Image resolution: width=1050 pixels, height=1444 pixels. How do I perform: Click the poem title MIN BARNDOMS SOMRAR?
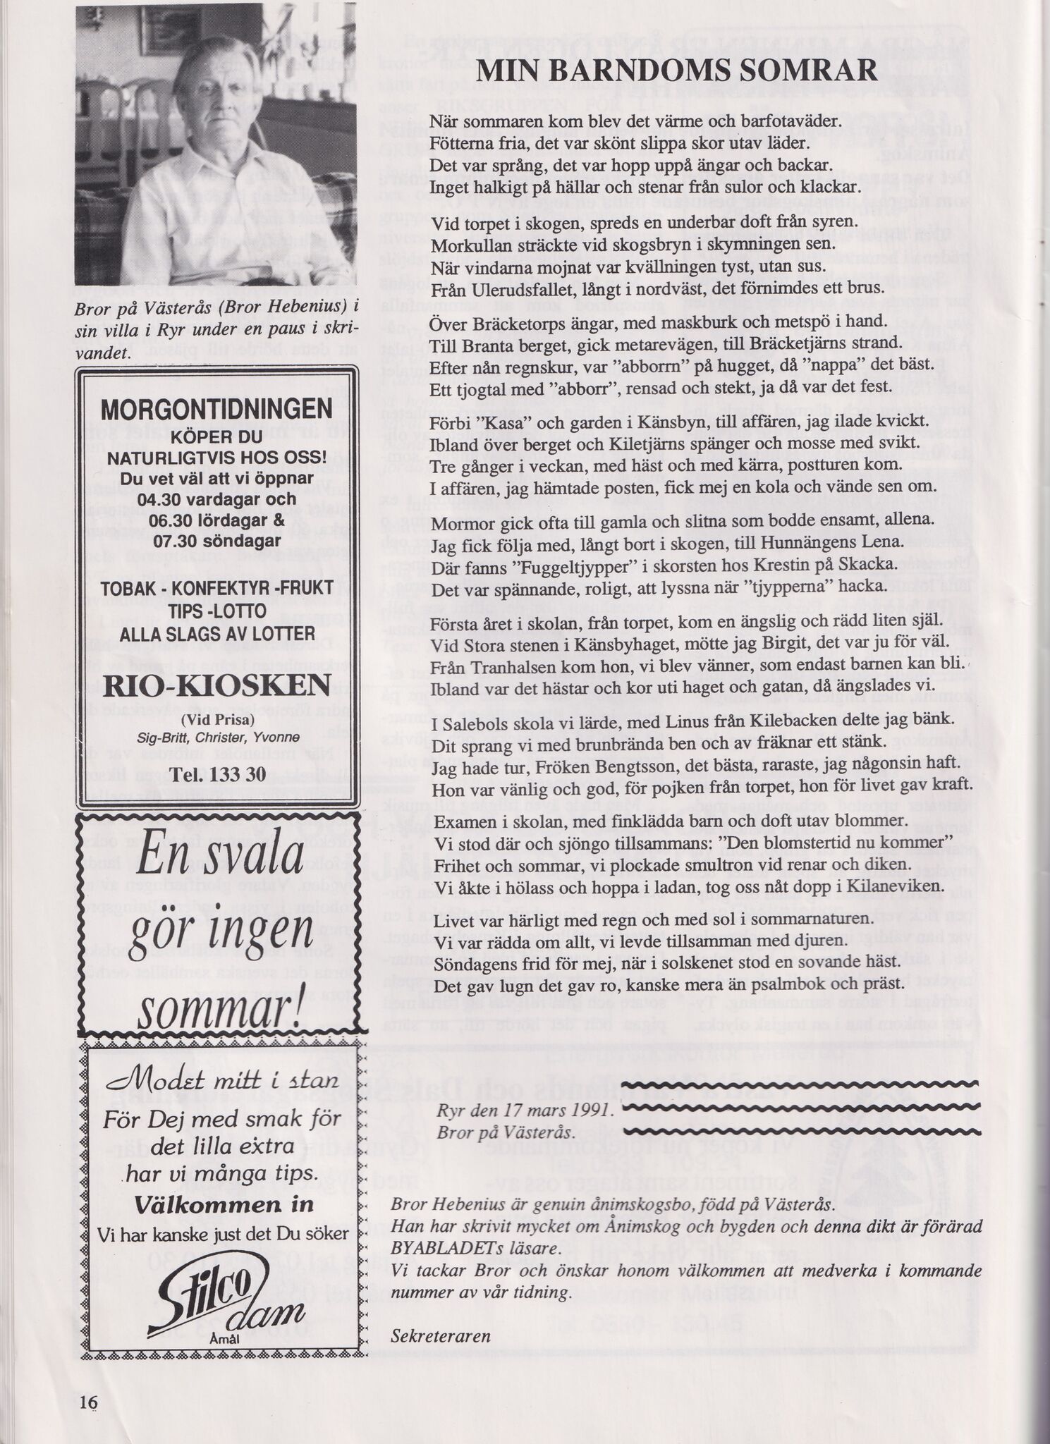(x=676, y=71)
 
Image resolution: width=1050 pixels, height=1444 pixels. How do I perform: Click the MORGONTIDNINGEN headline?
(x=216, y=410)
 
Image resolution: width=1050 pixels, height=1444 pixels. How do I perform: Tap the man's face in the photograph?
(x=204, y=106)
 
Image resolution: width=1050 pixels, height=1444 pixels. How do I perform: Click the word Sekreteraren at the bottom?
(x=440, y=1335)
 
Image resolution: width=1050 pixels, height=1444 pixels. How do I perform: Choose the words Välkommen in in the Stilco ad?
(x=224, y=1205)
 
